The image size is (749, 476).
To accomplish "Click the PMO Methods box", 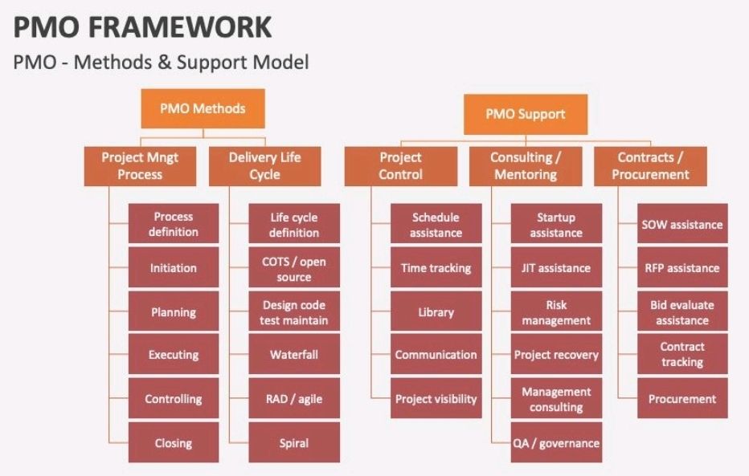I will tap(203, 108).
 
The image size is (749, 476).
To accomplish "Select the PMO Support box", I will tap(525, 114).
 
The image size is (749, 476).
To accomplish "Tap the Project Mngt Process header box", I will tap(140, 165).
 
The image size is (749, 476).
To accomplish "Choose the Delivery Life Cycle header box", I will tap(264, 165).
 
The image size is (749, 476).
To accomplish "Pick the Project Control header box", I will tap(400, 165).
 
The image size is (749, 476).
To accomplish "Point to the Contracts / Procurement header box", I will tap(650, 165).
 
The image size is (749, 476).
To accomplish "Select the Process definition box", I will tap(174, 224).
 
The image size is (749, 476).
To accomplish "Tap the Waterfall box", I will tap(294, 355).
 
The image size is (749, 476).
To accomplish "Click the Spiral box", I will tap(294, 442).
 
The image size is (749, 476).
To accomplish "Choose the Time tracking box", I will tap(436, 268).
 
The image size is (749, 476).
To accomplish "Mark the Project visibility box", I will tap(436, 399).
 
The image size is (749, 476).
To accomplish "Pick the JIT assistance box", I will tap(556, 268).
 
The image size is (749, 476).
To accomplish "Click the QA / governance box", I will tap(556, 443).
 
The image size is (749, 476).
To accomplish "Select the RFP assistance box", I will tap(682, 268).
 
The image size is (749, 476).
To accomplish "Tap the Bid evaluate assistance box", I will tap(682, 312).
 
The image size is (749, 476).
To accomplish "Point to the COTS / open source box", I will tap(294, 268).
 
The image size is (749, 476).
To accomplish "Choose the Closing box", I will tap(174, 442).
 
